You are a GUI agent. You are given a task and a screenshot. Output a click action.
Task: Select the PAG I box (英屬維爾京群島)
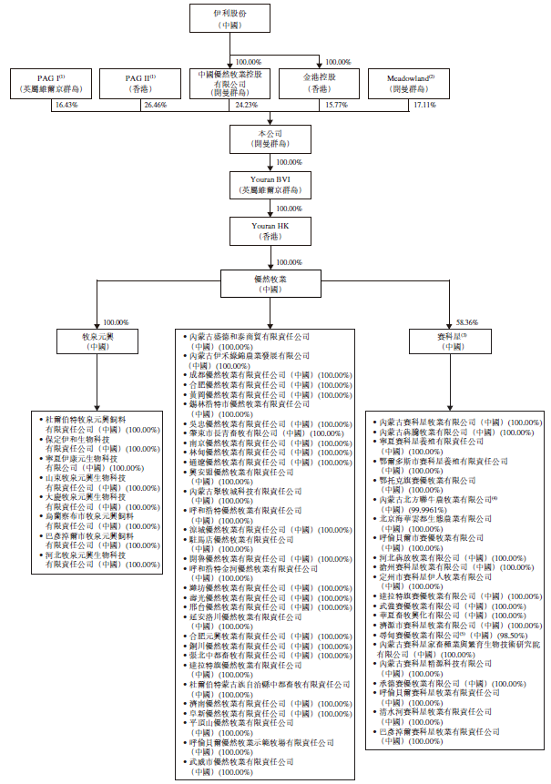51,84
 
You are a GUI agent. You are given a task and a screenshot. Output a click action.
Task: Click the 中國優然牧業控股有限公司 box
230,83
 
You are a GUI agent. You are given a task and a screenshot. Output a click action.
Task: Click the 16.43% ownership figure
66,105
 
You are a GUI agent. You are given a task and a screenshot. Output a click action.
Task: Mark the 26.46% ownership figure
156,105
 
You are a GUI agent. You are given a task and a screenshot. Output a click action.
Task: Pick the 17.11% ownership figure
424,105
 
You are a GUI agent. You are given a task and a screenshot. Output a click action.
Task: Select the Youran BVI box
274,183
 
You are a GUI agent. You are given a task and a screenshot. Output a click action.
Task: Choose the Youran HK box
274,229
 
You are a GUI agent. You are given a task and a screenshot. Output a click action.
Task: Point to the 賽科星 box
451,341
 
